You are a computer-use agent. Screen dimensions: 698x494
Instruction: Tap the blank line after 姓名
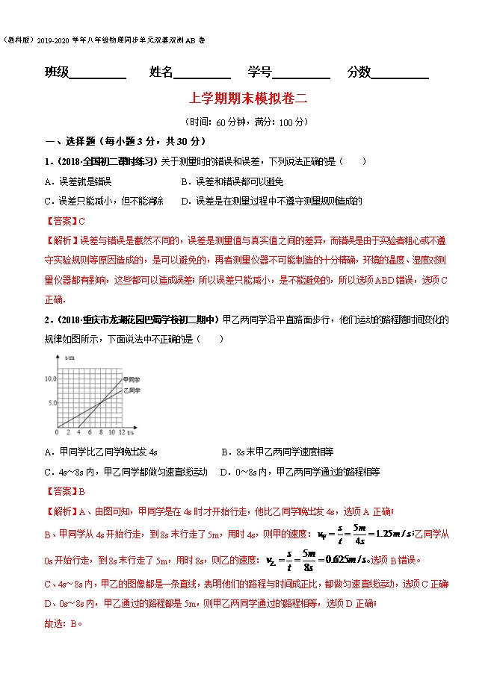[x=203, y=76]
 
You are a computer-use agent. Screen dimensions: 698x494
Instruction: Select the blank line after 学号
[x=301, y=76]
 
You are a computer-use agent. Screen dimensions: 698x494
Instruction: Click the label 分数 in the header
[x=359, y=72]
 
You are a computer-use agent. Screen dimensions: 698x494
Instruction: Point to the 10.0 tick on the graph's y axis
[x=50, y=379]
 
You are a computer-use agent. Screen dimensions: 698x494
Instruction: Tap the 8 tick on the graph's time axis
[x=100, y=432]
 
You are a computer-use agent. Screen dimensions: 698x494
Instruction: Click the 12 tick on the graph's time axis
[x=121, y=432]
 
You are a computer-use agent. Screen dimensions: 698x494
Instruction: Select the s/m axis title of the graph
[x=70, y=359]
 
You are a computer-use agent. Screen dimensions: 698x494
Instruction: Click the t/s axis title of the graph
[x=131, y=432]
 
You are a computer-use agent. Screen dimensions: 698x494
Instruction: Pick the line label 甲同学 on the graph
[x=132, y=380]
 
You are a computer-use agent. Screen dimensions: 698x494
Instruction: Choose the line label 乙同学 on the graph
[x=132, y=390]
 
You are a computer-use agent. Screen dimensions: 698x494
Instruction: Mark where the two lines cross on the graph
[x=100, y=404]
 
